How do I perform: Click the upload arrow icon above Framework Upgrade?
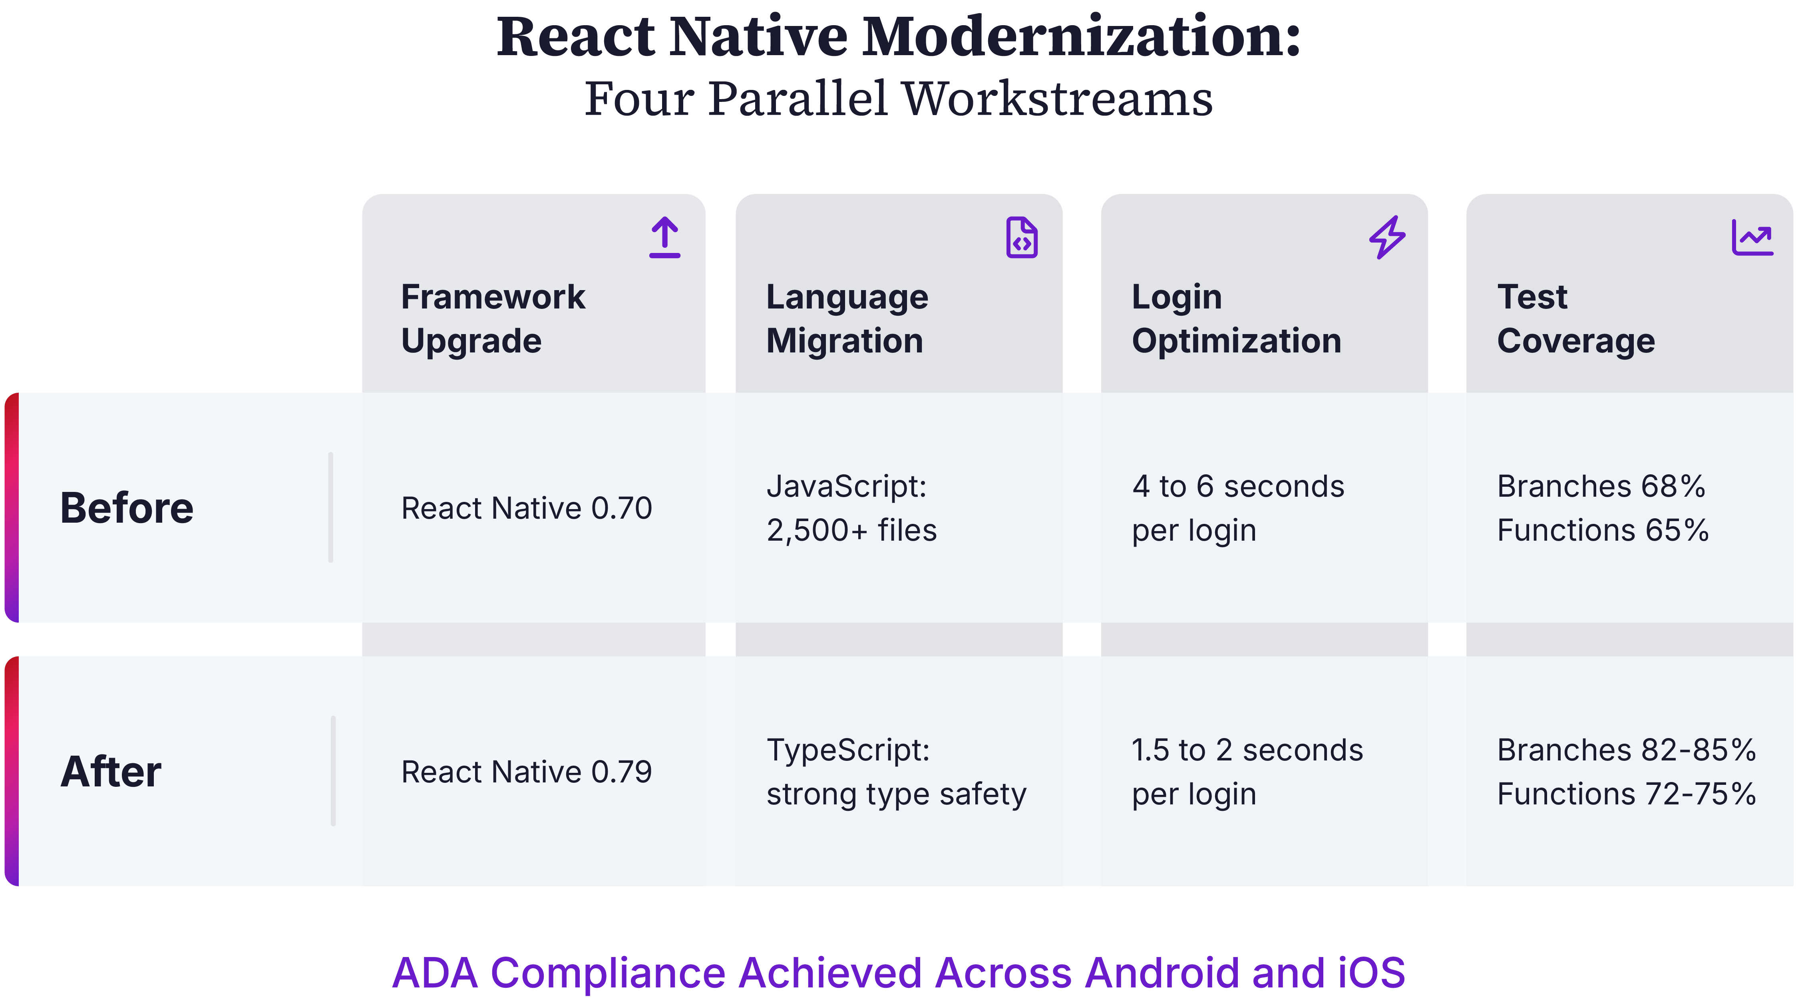coord(664,237)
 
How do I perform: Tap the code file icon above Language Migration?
coord(1022,237)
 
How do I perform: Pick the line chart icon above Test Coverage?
coord(1752,237)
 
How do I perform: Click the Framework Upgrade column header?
coord(493,318)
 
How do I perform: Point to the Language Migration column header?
coord(847,318)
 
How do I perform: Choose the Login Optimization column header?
coord(1236,318)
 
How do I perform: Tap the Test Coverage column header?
coord(1575,318)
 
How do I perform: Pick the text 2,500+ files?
coord(851,530)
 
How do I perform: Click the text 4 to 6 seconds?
coord(1237,486)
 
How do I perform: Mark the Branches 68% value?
coord(1601,486)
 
